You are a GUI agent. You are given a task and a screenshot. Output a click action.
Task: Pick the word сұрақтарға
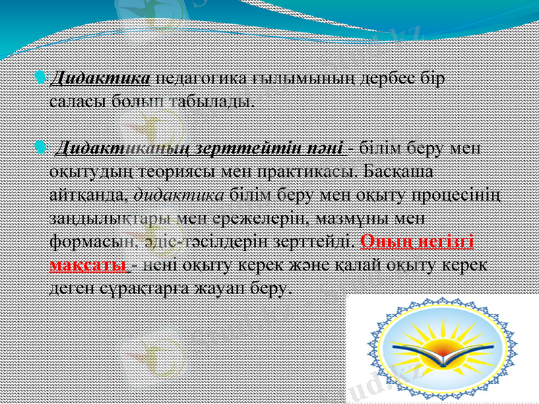coord(145,289)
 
